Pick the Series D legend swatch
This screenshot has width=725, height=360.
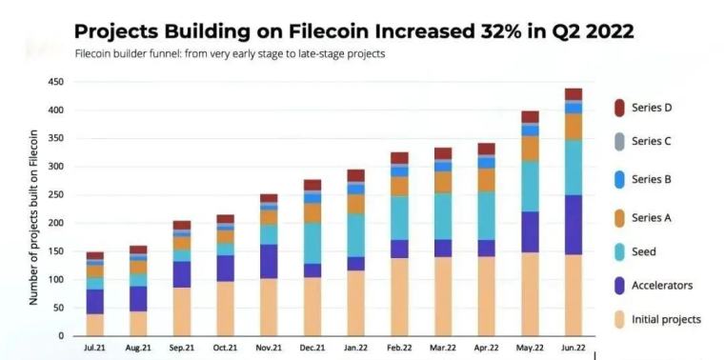618,108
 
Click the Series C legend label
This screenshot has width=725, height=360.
652,141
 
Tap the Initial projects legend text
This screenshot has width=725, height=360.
666,319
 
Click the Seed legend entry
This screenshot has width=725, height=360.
645,251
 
